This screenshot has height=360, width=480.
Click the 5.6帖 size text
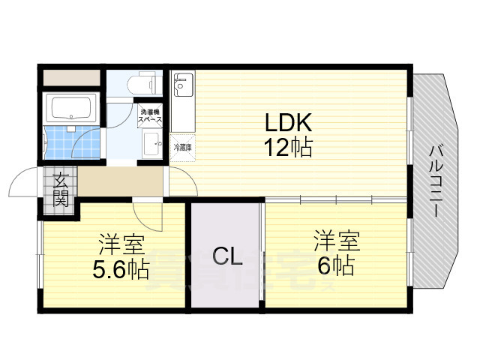(120, 269)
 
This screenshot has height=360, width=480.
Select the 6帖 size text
(334, 265)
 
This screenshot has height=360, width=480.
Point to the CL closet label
(226, 258)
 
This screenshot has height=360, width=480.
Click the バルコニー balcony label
(435, 180)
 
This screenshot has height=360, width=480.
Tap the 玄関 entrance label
(61, 190)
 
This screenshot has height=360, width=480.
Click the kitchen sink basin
(182, 88)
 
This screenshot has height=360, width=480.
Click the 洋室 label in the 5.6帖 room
(120, 244)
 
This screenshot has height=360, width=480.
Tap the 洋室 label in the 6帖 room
(335, 241)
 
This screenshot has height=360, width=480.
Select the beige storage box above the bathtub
(70, 77)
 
